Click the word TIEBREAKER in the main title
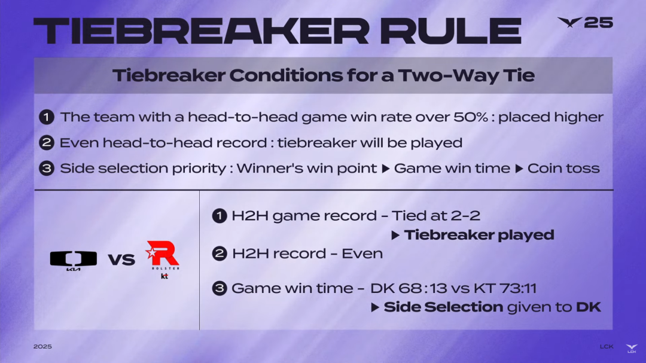tap(202, 31)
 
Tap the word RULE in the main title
tap(451, 31)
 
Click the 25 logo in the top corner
tap(585, 22)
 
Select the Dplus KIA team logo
tap(74, 260)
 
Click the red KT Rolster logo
tap(163, 260)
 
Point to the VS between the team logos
tap(121, 260)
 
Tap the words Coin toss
tap(563, 168)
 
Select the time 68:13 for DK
tap(423, 288)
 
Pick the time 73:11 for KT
tap(518, 288)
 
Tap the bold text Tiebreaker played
tap(479, 235)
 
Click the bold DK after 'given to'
tap(589, 307)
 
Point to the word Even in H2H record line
tap(362, 254)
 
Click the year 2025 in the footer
tap(42, 346)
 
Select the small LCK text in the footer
tap(607, 346)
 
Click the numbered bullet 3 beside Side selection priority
tap(47, 168)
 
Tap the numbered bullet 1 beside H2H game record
tap(219, 215)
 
